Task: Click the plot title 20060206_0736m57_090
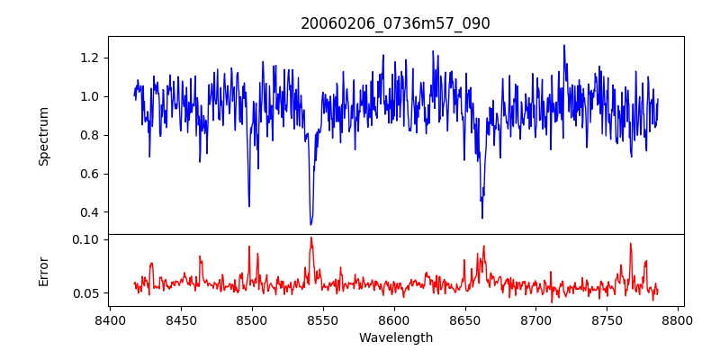click(x=395, y=23)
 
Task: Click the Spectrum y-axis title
click(x=44, y=136)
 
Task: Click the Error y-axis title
click(x=44, y=271)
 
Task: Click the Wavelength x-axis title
click(x=395, y=338)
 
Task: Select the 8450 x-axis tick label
click(x=181, y=319)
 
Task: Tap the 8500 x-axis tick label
click(x=252, y=319)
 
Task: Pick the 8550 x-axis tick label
click(x=323, y=319)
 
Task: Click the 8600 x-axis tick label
click(x=394, y=319)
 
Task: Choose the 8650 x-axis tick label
click(x=465, y=319)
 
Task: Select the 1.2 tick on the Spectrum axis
click(x=90, y=58)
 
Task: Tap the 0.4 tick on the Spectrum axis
click(x=90, y=212)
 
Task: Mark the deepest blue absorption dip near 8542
click(x=310, y=224)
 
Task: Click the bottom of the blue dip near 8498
click(x=249, y=206)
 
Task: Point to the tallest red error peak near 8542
click(x=310, y=238)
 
